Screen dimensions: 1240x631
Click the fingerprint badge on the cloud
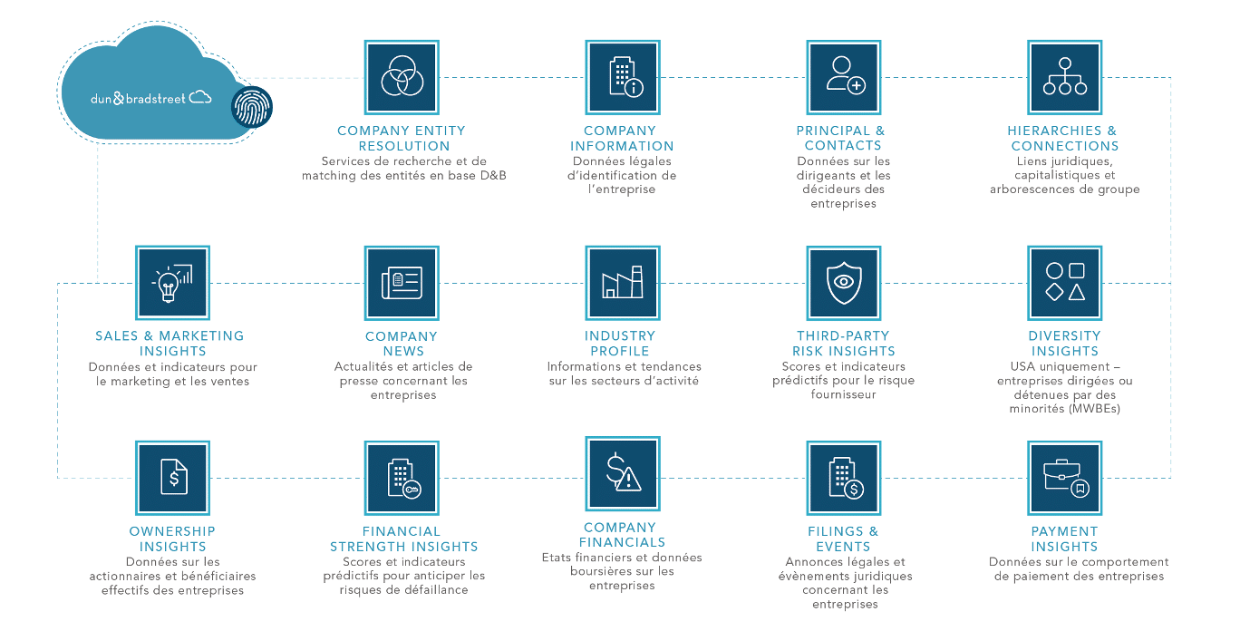(252, 107)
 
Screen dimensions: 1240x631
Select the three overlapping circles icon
(402, 77)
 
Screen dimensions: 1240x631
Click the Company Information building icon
(623, 77)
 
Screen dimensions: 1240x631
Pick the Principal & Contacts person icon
(844, 77)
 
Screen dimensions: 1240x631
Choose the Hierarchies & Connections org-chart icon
(1064, 77)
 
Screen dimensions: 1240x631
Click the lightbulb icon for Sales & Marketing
(173, 283)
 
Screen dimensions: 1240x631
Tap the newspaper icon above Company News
(402, 283)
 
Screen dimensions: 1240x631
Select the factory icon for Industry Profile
(623, 283)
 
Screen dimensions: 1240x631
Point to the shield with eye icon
(844, 283)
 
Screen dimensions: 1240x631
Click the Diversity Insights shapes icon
(1064, 283)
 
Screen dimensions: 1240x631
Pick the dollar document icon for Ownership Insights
(173, 478)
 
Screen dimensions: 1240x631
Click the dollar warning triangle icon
(623, 474)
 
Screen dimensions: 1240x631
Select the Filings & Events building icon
(844, 478)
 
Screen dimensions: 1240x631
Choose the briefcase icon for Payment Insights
(1064, 478)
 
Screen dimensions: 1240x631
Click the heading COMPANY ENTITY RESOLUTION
(402, 139)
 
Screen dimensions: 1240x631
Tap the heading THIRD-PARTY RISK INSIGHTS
(844, 344)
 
